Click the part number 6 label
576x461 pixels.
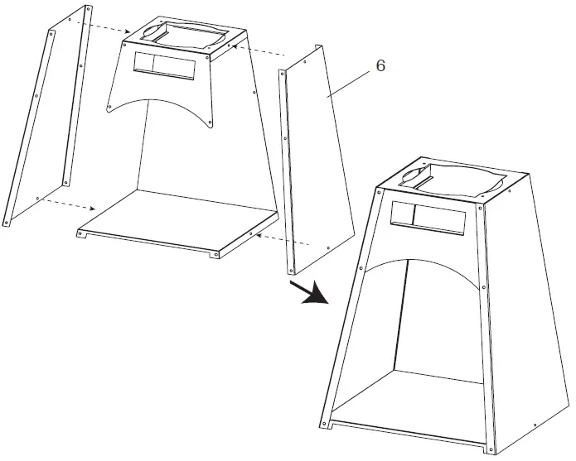pyautogui.click(x=380, y=66)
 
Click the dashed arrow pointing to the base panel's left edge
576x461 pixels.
pyautogui.click(x=70, y=205)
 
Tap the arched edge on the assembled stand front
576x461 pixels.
pyautogui.click(x=423, y=258)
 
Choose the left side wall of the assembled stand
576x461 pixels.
pyautogui.click(x=352, y=315)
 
